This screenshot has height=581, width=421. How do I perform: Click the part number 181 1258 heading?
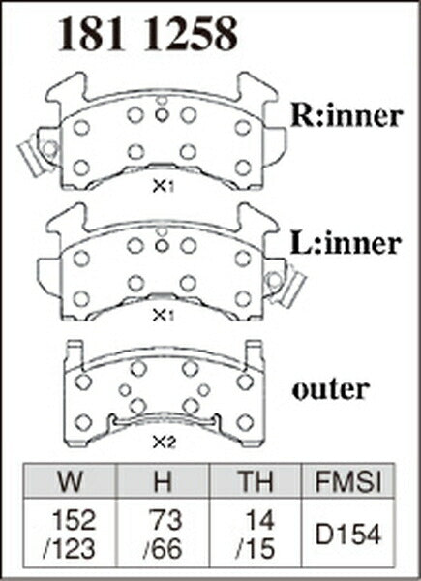point(148,35)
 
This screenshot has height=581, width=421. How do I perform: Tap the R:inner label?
point(346,116)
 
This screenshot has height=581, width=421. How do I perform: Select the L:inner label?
point(346,243)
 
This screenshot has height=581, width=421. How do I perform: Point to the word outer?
point(330,389)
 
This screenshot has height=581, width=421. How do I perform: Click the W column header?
point(71,480)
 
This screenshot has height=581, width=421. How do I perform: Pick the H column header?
point(163,480)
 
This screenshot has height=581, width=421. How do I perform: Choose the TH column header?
point(256,480)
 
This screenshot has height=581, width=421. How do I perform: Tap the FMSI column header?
point(348,480)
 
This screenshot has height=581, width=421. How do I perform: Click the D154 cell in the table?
point(348,535)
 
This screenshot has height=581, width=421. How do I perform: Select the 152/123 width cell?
point(70,534)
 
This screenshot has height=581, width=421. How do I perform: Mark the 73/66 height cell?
point(163,534)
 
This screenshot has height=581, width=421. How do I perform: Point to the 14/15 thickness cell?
point(256,534)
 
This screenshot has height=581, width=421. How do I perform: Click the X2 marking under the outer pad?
point(164,443)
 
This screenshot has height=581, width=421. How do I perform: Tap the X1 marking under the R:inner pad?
point(164,187)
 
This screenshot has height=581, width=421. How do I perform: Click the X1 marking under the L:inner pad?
point(164,316)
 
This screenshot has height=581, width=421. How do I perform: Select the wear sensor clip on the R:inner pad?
point(36,155)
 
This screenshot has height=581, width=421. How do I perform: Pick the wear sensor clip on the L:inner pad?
point(286,285)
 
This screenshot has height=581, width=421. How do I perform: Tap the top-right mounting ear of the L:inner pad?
point(256,220)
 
